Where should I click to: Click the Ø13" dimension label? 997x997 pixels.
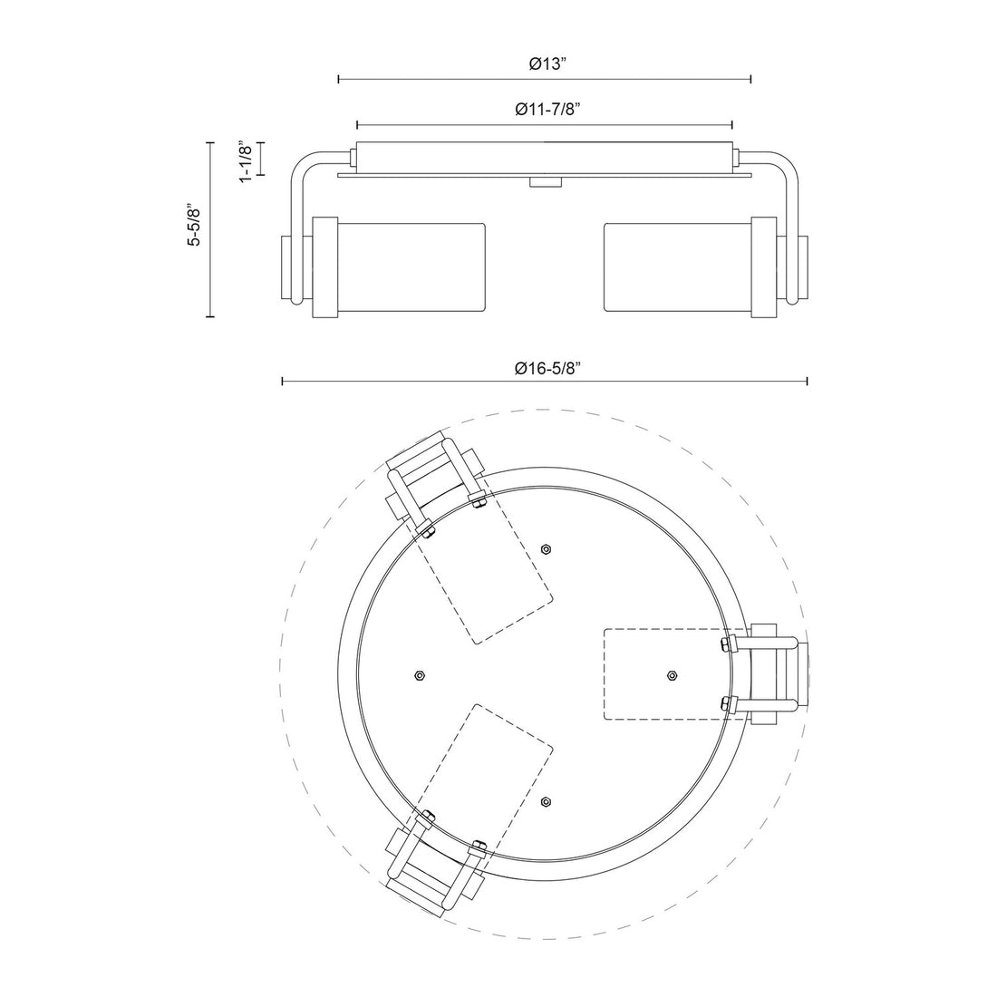[x=547, y=64]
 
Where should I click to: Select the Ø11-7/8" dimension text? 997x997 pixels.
[x=547, y=110]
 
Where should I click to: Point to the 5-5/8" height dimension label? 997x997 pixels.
[x=192, y=225]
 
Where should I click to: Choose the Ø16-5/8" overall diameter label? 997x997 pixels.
[x=547, y=368]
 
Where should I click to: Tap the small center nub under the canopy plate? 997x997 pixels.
[x=544, y=183]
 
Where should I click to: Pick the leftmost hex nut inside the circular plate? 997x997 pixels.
[x=418, y=675]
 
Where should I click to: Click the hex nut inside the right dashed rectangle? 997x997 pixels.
[x=672, y=675]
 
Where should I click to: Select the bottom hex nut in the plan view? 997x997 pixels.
[x=546, y=801]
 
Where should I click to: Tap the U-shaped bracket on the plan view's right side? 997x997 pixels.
[x=770, y=673]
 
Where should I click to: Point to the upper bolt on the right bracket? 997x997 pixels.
[x=724, y=644]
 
